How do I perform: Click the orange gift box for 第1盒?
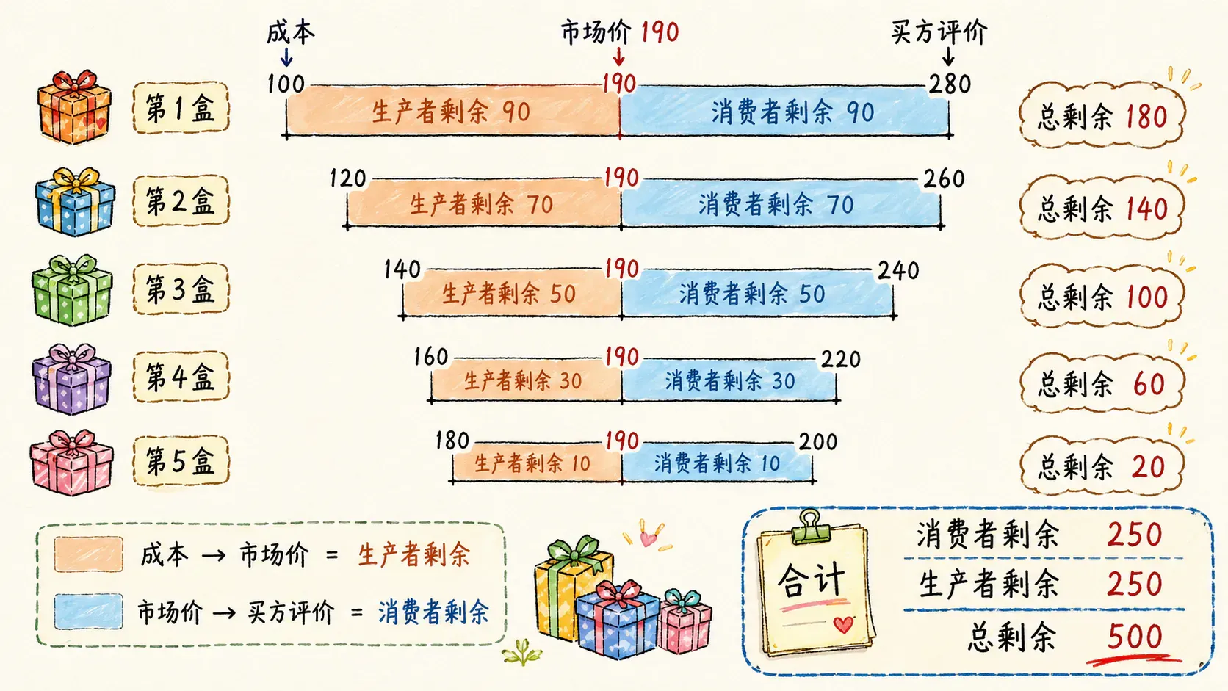[75, 107]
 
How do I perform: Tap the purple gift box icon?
[71, 378]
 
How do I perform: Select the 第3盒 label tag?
[181, 289]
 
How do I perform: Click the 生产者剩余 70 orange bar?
[483, 203]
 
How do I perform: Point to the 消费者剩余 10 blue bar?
[717, 463]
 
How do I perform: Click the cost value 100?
[286, 84]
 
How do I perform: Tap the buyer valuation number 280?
[950, 84]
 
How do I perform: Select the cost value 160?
[431, 357]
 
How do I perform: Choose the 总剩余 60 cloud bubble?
[1102, 383]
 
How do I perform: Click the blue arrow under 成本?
[286, 57]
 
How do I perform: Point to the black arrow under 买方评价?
[948, 57]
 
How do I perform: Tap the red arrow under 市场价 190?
[619, 57]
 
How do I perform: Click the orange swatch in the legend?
[88, 554]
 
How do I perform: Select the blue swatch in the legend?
[88, 611]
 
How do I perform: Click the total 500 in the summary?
[1134, 637]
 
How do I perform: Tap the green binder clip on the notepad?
[810, 527]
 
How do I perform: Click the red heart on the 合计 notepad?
[843, 624]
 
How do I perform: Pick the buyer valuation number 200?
[818, 441]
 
